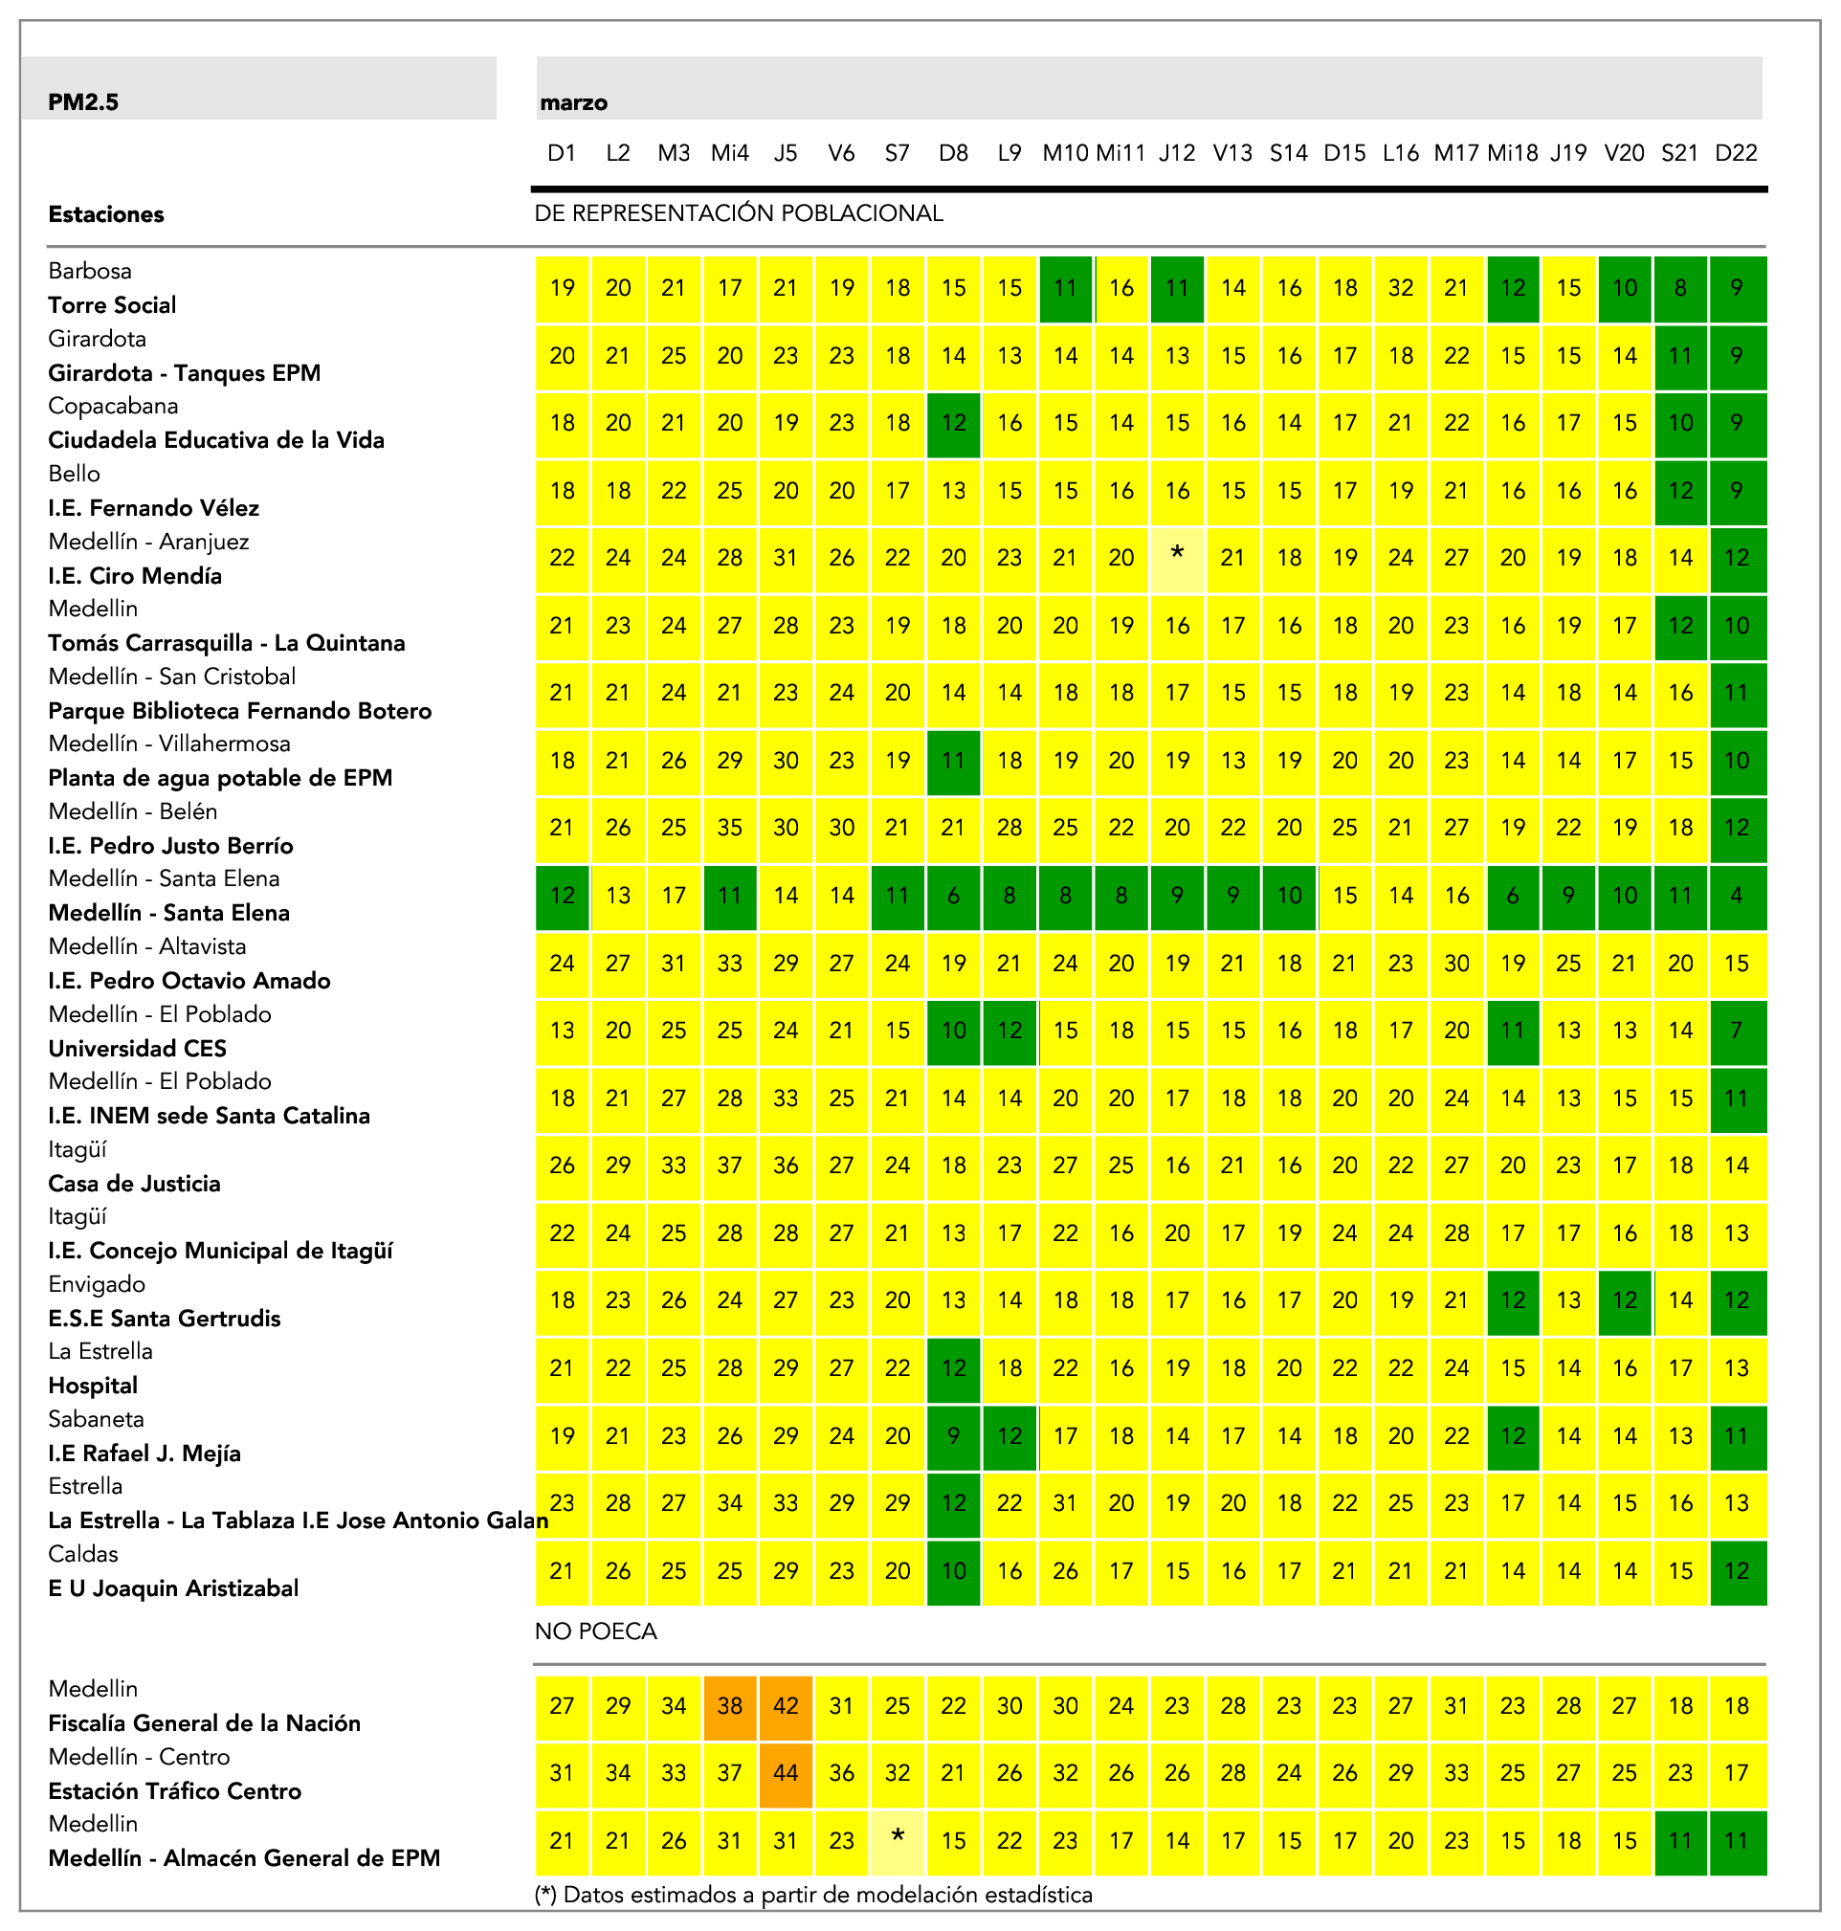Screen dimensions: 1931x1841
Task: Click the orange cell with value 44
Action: tap(785, 1773)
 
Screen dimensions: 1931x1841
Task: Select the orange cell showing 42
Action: tap(785, 1705)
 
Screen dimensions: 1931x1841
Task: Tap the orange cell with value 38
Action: tap(729, 1705)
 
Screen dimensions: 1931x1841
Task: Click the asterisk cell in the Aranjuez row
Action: tap(1177, 557)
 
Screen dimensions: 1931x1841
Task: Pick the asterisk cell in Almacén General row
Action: tap(897, 1840)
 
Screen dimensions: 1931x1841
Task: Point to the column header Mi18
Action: tap(1512, 153)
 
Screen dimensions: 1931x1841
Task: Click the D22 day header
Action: tap(1736, 153)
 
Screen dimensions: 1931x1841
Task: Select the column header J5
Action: tap(785, 153)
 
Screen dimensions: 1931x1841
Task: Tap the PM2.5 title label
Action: tap(83, 102)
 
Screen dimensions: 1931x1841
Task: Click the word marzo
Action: tap(574, 103)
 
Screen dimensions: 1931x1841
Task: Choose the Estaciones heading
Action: tap(106, 214)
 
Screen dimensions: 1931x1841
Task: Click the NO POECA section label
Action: tap(596, 1631)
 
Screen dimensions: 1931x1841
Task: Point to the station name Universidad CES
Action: tap(138, 1048)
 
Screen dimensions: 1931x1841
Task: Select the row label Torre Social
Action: tap(112, 305)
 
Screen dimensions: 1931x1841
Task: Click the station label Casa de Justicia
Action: tap(135, 1184)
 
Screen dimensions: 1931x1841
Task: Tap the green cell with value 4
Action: tap(1736, 895)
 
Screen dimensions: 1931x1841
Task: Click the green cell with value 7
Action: tap(1736, 1031)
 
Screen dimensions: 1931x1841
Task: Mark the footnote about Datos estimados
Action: tap(813, 1895)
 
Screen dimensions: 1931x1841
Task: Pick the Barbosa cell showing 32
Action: tap(1401, 287)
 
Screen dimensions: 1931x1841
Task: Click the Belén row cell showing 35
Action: tap(729, 827)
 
